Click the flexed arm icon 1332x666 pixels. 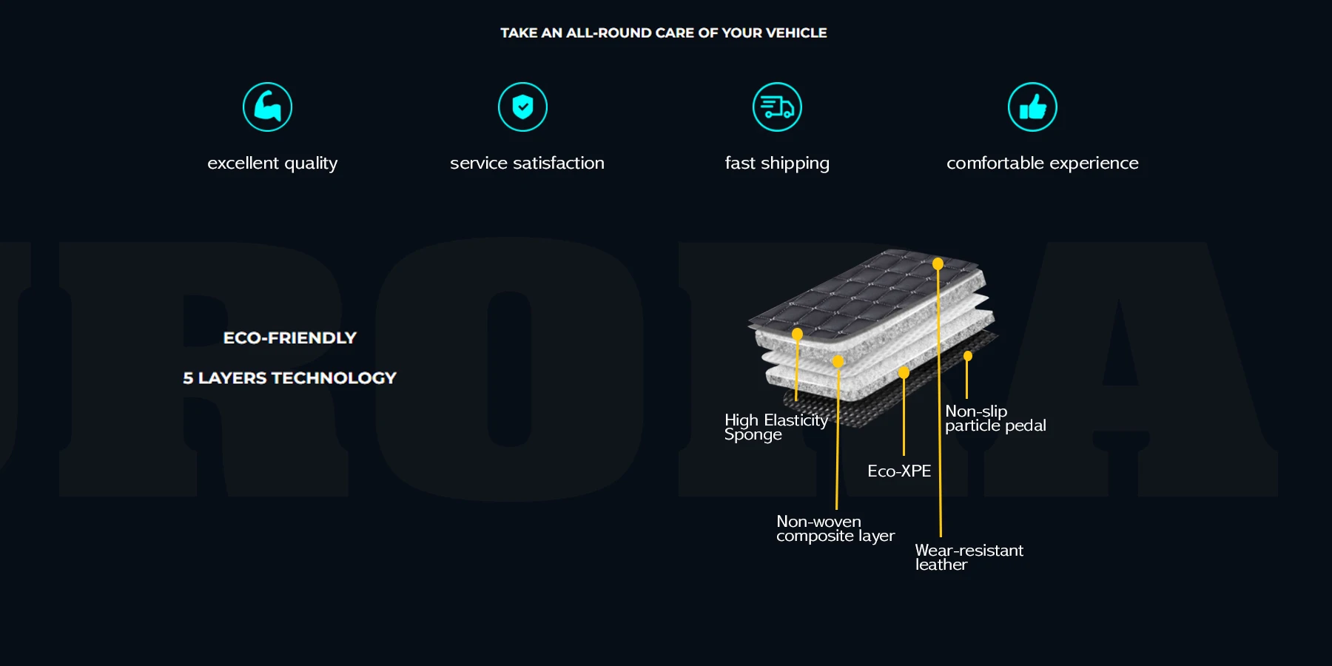coord(267,107)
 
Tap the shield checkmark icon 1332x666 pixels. coord(522,107)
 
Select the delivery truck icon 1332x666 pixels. coord(777,107)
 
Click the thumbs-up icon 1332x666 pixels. coord(1032,107)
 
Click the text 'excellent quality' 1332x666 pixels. coord(272,163)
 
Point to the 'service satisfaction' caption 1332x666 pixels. coord(527,163)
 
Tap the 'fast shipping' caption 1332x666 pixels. coord(777,163)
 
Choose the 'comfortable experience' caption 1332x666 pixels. coord(1042,163)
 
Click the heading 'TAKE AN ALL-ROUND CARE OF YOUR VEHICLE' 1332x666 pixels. coord(664,33)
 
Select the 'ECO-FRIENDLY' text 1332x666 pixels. coord(290,338)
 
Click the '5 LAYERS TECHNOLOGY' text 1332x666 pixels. coord(290,378)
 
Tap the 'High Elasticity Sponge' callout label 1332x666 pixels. coord(775,427)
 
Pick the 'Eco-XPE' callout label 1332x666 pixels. coord(899,471)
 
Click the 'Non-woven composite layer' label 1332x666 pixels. coord(835,528)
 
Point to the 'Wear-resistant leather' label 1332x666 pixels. coord(969,557)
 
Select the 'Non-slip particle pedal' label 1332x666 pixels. coord(995,418)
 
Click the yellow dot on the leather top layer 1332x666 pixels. coord(938,264)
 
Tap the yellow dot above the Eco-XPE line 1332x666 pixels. coord(904,372)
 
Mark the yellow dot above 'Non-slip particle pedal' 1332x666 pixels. coord(967,356)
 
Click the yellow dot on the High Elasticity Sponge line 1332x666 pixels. coord(797,334)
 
